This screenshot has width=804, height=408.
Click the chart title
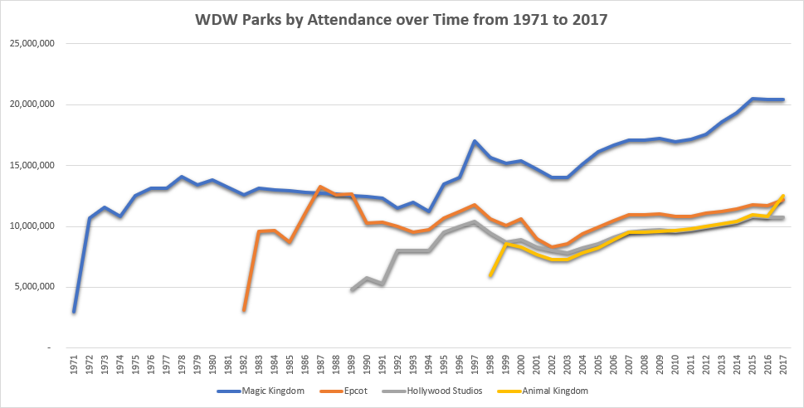402,19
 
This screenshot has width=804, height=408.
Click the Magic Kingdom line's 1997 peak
475,141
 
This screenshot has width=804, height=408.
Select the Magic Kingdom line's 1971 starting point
74,312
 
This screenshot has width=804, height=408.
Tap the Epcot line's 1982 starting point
244,310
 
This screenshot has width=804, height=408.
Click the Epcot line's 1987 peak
320,187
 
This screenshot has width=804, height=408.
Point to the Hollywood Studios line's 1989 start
352,290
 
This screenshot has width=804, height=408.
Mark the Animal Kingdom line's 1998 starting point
490,275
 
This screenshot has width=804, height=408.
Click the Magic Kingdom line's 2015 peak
752,99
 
